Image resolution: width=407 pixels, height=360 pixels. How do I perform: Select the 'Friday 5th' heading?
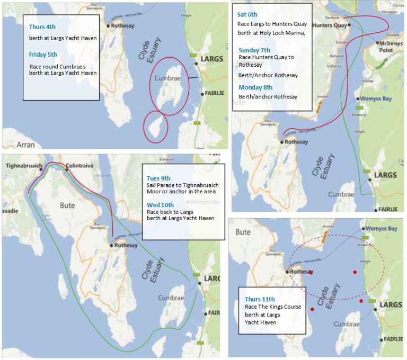point(43,53)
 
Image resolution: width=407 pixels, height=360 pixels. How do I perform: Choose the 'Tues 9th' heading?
point(159,178)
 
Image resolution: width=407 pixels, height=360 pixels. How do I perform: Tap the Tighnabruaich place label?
point(24,166)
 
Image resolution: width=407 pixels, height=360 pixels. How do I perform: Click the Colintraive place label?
point(79,166)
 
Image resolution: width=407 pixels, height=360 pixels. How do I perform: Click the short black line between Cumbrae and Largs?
point(192,78)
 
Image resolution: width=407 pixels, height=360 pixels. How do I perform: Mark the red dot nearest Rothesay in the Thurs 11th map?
point(311,273)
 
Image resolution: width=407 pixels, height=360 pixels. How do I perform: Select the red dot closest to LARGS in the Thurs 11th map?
point(361,301)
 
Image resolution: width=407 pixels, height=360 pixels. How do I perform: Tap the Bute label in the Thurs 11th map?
point(243,232)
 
